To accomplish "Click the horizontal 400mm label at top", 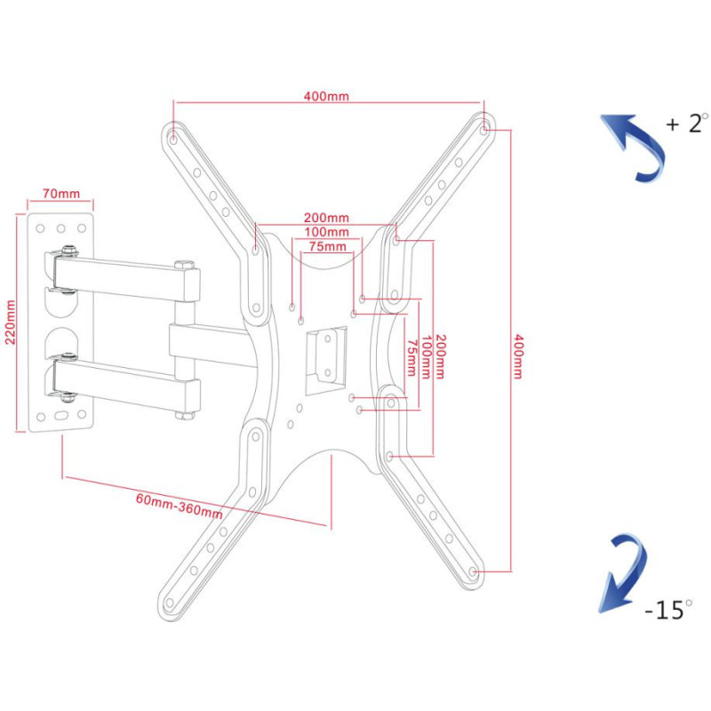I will [326, 97].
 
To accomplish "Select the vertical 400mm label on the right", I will [518, 355].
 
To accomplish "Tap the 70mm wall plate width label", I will [60, 194].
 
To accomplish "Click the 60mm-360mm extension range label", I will [179, 504].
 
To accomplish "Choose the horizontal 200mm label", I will [325, 218].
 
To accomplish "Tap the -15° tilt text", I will [667, 610].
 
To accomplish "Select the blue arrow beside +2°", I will [635, 147].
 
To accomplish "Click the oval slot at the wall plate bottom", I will [61, 415].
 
